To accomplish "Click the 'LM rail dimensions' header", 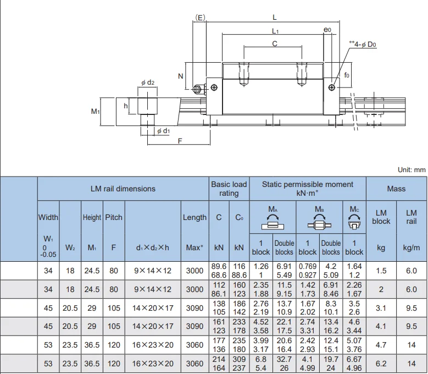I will (123, 189).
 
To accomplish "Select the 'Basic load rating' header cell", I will (229, 189).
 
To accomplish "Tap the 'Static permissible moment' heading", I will (307, 189).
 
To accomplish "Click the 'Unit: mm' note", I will (412, 170).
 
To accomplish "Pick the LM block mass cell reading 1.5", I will (381, 271).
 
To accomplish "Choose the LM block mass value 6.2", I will (381, 364).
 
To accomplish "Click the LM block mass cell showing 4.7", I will (381, 345).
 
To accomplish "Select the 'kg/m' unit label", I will (411, 248).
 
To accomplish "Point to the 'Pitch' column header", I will (114, 217).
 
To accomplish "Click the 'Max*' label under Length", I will (194, 248).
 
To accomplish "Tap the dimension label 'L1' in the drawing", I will (275, 31).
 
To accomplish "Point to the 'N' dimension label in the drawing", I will (180, 76).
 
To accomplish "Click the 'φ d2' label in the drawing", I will (148, 82).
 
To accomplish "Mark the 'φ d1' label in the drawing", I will (163, 131).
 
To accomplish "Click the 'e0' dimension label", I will (328, 30).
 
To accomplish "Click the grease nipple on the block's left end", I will (197, 88).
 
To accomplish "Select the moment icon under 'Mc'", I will (354, 222).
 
